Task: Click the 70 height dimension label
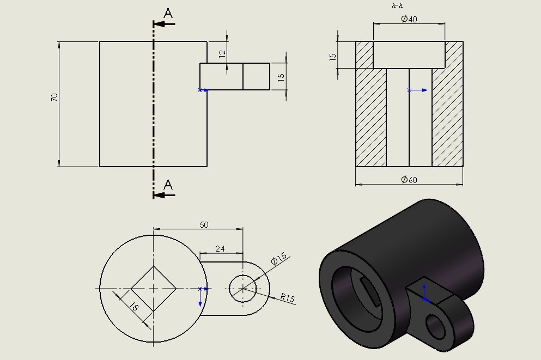point(54,98)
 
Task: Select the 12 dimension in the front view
point(222,54)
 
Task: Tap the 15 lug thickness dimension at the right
point(281,77)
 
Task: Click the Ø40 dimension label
point(409,19)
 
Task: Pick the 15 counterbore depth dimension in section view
point(332,57)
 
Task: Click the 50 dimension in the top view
point(204,224)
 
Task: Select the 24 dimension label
point(220,248)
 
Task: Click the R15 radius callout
point(287,298)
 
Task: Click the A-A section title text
point(397,5)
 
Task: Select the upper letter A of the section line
point(168,14)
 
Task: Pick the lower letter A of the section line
point(168,185)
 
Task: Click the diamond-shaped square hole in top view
point(153,289)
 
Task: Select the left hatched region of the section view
point(370,117)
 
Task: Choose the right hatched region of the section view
point(448,117)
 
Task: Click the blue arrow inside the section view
point(418,90)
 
